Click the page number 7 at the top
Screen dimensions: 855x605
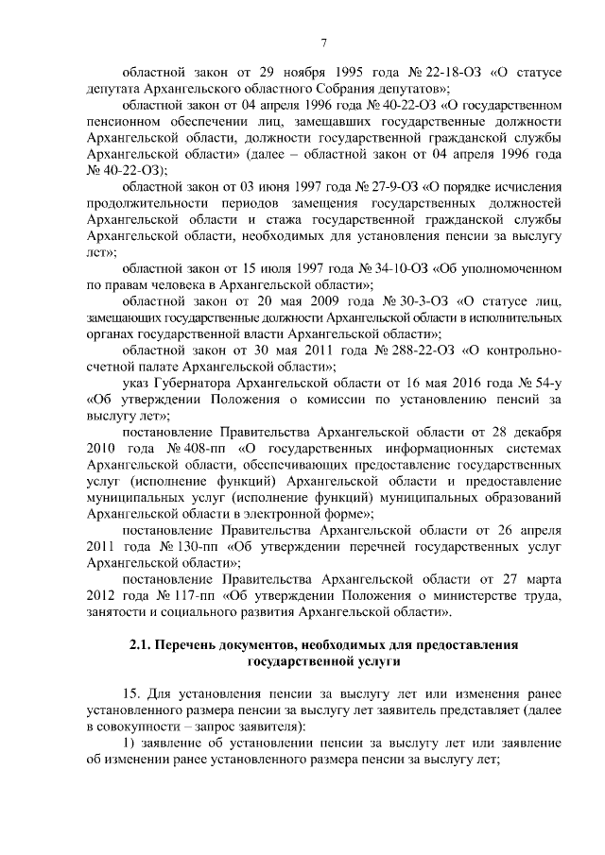[323, 43]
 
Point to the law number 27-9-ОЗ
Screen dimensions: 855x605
[372, 186]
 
